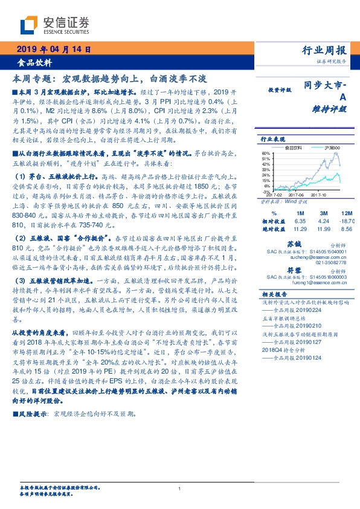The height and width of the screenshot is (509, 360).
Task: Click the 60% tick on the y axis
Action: pos(266,153)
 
